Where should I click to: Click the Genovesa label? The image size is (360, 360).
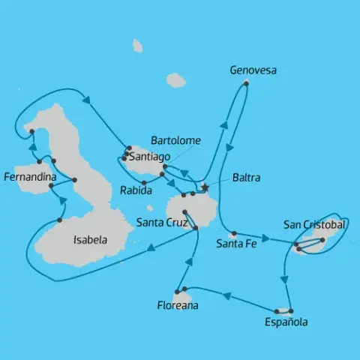pyautogui.click(x=253, y=70)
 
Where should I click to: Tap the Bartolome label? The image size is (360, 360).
pyautogui.click(x=175, y=140)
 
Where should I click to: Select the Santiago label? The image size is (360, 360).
pyautogui.click(x=148, y=157)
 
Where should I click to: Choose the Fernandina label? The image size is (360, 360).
pyautogui.click(x=29, y=178)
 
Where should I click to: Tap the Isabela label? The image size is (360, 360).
pyautogui.click(x=89, y=241)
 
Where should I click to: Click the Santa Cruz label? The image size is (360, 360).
pyautogui.click(x=159, y=221)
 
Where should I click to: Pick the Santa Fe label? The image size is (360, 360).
pyautogui.click(x=237, y=243)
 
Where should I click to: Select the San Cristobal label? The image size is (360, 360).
pyautogui.click(x=315, y=224)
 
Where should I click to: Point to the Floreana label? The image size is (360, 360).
pyautogui.click(x=178, y=305)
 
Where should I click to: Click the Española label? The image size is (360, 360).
pyautogui.click(x=286, y=322)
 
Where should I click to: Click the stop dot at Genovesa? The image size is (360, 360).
pyautogui.click(x=246, y=82)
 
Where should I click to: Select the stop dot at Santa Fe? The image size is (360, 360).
pyautogui.click(x=234, y=233)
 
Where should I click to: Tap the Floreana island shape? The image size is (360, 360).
pyautogui.click(x=184, y=294)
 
